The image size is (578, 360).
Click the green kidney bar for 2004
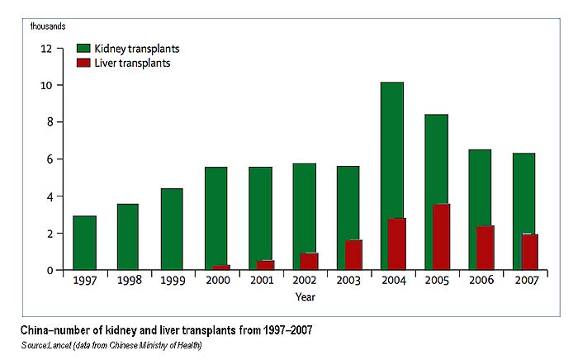tap(391, 149)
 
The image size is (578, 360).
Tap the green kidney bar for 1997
tap(84, 243)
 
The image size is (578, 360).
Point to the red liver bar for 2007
tap(529, 252)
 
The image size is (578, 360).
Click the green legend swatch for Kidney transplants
tap(83, 49)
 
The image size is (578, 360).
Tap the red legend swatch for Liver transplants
tap(83, 64)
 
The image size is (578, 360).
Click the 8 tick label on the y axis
tap(49, 122)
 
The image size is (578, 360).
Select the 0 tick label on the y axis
tap(49, 271)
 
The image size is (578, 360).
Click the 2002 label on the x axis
tap(304, 281)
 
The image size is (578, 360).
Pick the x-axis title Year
tap(306, 296)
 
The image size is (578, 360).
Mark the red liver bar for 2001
tap(266, 265)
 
